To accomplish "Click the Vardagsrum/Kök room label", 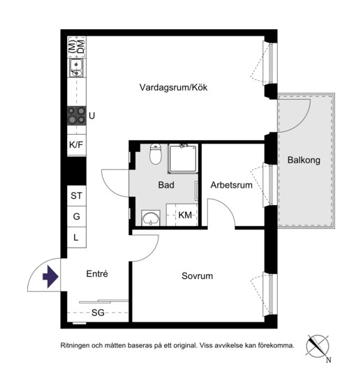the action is pyautogui.click(x=173, y=87).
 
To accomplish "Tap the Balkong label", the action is pyautogui.click(x=304, y=160).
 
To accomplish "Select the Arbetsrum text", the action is pyautogui.click(x=231, y=185).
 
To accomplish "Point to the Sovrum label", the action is pyautogui.click(x=197, y=276).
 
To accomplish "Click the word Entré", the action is pyautogui.click(x=97, y=273).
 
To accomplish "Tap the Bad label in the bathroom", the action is pyautogui.click(x=166, y=185).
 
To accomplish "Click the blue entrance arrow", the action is pyautogui.click(x=50, y=277).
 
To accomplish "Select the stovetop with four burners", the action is pyautogui.click(x=77, y=116).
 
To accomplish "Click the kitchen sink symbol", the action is pyautogui.click(x=77, y=68).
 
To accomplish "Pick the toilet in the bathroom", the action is pyautogui.click(x=156, y=154).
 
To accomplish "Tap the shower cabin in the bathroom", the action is pyautogui.click(x=183, y=158).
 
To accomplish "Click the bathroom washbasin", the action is pyautogui.click(x=151, y=218).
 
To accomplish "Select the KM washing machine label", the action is pyautogui.click(x=185, y=215).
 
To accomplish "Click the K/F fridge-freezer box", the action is pyautogui.click(x=77, y=145).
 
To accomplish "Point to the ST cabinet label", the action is pyautogui.click(x=76, y=196).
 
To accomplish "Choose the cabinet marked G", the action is pyautogui.click(x=77, y=216).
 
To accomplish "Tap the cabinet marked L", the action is pyautogui.click(x=77, y=237).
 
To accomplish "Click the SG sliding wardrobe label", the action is pyautogui.click(x=98, y=312).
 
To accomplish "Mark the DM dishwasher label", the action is pyautogui.click(x=80, y=47).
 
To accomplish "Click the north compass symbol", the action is pyautogui.click(x=318, y=347).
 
